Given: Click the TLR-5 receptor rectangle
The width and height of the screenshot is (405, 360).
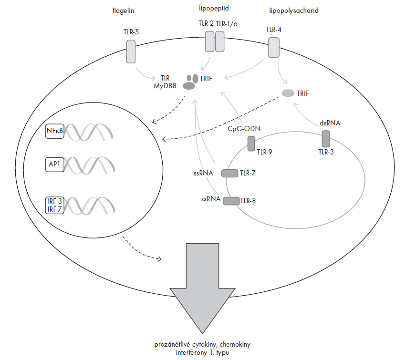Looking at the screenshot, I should pos(131,51).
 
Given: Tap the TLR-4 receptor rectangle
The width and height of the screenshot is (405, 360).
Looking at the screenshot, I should pos(273,48).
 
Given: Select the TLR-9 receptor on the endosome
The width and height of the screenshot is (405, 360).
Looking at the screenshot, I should pos(251,144).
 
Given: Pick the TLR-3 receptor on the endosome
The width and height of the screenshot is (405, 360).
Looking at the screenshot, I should pos(326,139).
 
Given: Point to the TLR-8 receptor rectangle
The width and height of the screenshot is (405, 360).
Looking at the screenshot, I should pos(231,201).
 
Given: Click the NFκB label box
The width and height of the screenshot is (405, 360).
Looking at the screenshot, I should pos(54,131).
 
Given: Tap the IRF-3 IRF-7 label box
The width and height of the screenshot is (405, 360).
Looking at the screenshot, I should pos(54,205).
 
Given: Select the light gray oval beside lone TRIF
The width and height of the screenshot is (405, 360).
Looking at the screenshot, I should pos(288,93).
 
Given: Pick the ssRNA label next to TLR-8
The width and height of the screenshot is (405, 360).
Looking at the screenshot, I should pos(211,200).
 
